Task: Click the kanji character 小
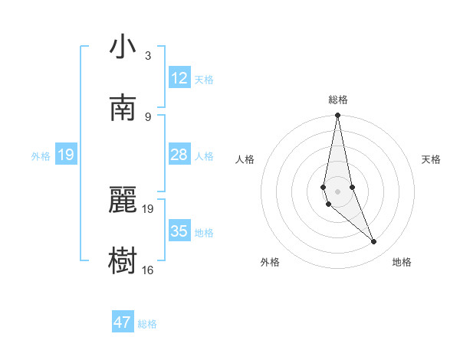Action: [123, 47]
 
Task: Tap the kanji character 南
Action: [123, 109]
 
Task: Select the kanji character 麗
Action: [123, 201]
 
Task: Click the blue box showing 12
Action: [179, 78]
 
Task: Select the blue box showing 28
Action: [179, 155]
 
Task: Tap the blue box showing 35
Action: [179, 231]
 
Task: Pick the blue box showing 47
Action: [123, 322]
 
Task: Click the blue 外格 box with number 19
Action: [65, 155]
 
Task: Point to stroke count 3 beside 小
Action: [148, 56]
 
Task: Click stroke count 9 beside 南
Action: [148, 116]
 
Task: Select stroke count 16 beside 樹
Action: [148, 270]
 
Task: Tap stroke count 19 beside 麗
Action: [148, 208]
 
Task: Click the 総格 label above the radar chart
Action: [338, 100]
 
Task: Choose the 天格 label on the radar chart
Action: [432, 159]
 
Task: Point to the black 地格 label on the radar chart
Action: [402, 263]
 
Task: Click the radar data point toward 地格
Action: [374, 242]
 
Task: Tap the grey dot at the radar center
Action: [338, 191]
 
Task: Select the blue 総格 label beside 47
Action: [147, 324]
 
